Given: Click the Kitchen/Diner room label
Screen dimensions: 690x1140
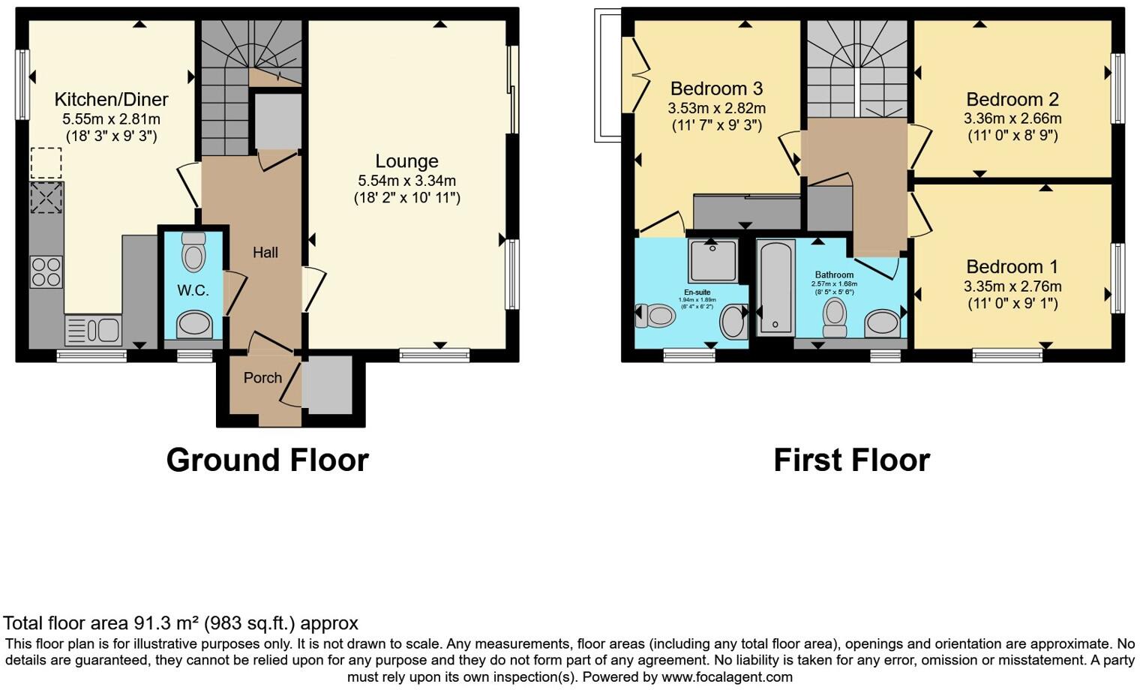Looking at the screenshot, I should coord(111,99).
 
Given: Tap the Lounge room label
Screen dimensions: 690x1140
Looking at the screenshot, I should coord(406,161).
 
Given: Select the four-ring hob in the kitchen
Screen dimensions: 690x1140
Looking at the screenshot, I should coord(46,271).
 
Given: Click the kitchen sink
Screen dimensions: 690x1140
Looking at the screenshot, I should coord(94,329).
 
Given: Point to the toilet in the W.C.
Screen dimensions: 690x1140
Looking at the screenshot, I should coord(193,253).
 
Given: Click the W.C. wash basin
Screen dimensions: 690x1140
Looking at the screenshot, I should coord(194,325).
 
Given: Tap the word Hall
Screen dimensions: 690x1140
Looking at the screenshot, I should coord(265,253).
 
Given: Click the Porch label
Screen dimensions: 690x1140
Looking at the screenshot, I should coord(262,377).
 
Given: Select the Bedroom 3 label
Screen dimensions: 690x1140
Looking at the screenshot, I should coord(716,89).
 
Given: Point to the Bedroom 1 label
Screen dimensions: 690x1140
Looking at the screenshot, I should coord(1012,267).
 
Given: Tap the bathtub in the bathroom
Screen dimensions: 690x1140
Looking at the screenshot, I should coord(775,287).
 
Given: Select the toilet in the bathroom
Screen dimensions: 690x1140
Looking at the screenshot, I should coord(835,318).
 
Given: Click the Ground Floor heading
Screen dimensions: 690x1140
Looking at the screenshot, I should coord(267,460).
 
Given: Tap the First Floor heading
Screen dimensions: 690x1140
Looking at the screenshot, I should coord(851,460).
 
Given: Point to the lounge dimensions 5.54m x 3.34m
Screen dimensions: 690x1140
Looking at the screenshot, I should coord(406,181).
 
